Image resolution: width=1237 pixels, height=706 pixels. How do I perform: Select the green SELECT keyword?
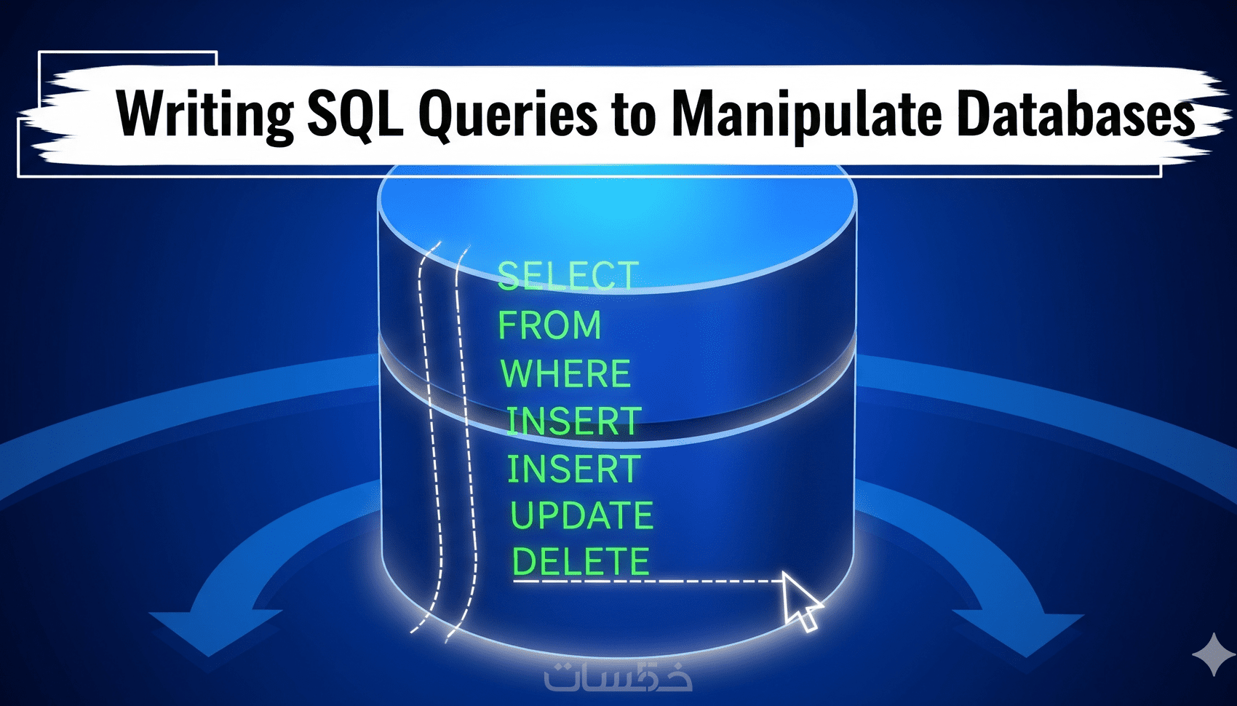click(x=568, y=277)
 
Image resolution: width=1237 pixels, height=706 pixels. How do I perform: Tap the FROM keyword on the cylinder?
click(x=549, y=325)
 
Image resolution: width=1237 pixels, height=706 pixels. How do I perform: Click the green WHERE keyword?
click(x=565, y=374)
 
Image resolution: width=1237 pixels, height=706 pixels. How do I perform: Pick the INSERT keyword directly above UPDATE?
click(x=573, y=469)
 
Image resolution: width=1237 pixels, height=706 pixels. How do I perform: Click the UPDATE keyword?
click(x=581, y=516)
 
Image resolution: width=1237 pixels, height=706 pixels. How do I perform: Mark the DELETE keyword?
click(x=580, y=562)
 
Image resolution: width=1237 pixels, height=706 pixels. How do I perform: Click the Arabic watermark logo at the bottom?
click(x=618, y=677)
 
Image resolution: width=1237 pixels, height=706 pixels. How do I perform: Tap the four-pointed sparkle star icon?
click(x=1213, y=655)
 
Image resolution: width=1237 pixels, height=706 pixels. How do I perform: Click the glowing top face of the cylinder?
click(x=617, y=218)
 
